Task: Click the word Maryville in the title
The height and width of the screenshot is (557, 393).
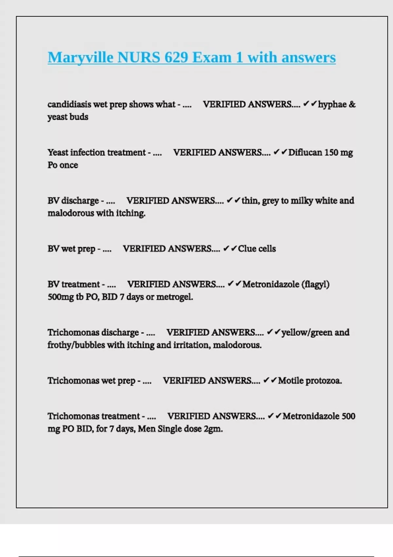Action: coord(80,58)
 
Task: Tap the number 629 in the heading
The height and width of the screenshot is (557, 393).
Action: coord(176,58)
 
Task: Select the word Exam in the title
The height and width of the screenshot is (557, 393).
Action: coord(212,58)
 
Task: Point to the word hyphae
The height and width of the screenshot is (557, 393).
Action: coord(332,104)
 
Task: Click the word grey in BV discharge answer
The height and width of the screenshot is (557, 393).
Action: coord(271,201)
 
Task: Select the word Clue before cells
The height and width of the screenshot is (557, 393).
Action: coord(247,249)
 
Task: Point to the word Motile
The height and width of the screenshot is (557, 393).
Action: coord(290,381)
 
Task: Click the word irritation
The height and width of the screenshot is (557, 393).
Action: coord(191,345)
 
